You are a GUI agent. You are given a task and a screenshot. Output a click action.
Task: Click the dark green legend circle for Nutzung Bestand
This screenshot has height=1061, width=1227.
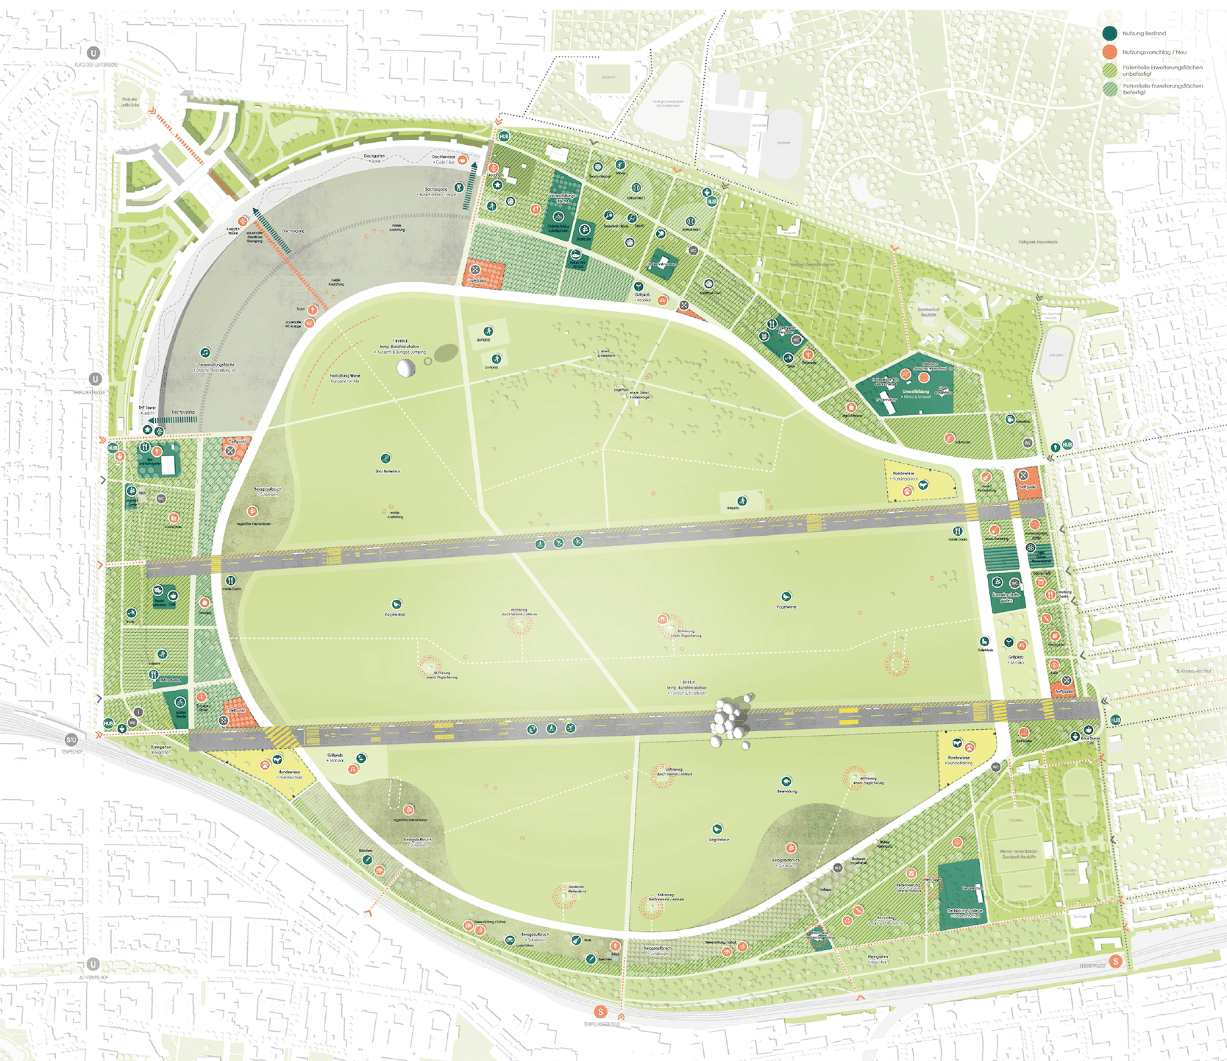pyautogui.click(x=1110, y=33)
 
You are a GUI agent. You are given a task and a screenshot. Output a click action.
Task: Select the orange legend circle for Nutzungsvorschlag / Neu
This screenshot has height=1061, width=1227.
pyautogui.click(x=1110, y=52)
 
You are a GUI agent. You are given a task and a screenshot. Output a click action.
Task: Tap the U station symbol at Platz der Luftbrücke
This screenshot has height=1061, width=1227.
pyautogui.click(x=93, y=53)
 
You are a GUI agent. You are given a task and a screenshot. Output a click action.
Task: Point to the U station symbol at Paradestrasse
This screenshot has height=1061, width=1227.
pyautogui.click(x=95, y=379)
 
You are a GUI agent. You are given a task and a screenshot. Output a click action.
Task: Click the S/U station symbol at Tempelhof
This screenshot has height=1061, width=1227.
pyautogui.click(x=71, y=739)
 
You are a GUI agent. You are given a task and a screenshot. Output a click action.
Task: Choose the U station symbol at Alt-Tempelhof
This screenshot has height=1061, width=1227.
pyautogui.click(x=93, y=964)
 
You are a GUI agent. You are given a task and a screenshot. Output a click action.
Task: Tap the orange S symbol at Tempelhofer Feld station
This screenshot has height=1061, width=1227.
pyautogui.click(x=600, y=1012)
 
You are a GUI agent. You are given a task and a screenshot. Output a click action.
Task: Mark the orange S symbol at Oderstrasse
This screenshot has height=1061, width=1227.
pyautogui.click(x=1116, y=961)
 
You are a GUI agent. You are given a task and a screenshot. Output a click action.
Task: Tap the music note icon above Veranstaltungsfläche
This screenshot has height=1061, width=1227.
pyautogui.click(x=205, y=353)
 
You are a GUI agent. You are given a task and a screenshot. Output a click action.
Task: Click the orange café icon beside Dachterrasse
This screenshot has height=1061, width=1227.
pyautogui.click(x=462, y=160)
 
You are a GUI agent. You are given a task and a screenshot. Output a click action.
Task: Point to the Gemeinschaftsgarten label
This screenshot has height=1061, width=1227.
pyautogui.click(x=1006, y=597)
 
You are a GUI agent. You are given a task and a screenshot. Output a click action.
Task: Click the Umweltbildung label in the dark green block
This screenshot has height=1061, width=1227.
pyautogui.click(x=916, y=394)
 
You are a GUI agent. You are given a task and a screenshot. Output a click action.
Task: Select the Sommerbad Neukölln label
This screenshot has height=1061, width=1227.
pyautogui.click(x=928, y=312)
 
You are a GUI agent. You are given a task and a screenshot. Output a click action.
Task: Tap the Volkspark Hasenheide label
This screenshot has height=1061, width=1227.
pyautogui.click(x=1037, y=241)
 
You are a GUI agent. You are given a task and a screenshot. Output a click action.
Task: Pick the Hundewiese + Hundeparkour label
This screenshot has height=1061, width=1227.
pyautogui.click(x=903, y=476)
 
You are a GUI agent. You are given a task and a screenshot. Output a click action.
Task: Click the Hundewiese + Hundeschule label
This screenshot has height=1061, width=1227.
pyautogui.click(x=289, y=774)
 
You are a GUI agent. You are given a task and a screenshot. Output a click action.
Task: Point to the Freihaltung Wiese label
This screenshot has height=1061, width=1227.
pyautogui.click(x=345, y=377)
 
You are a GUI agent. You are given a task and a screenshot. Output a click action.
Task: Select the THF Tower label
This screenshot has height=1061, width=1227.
pyautogui.click(x=147, y=408)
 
